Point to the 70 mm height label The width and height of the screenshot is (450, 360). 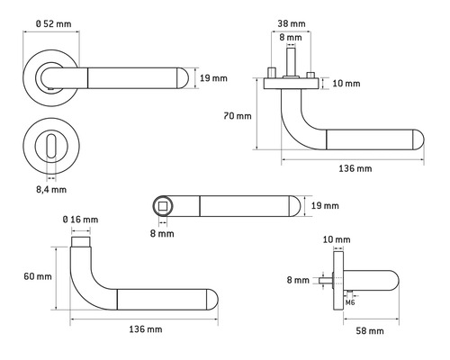237,115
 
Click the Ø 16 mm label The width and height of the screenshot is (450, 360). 80,220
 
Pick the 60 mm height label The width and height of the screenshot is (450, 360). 38,275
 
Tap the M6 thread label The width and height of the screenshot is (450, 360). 352,301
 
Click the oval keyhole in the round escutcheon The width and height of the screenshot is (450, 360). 51,144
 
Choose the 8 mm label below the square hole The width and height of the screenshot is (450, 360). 162,233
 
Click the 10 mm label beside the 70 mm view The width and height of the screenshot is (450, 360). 345,84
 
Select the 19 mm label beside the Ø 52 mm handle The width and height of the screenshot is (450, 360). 212,78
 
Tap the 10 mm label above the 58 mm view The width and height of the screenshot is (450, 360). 334,239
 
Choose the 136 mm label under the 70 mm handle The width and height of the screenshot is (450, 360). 352,169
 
